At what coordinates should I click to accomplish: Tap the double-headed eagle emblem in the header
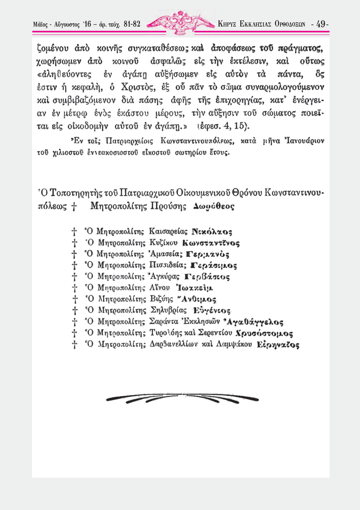181,22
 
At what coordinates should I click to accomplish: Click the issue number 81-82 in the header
132,24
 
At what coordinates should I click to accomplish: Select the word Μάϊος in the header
40,24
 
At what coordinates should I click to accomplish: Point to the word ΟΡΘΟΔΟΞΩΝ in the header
290,24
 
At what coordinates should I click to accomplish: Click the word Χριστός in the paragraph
138,87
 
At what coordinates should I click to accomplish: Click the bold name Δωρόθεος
213,206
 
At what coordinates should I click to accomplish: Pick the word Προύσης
169,206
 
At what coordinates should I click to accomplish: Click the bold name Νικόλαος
212,232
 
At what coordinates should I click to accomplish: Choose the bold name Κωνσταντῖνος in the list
211,243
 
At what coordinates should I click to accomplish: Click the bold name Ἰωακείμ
194,288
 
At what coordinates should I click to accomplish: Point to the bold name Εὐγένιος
212,310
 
